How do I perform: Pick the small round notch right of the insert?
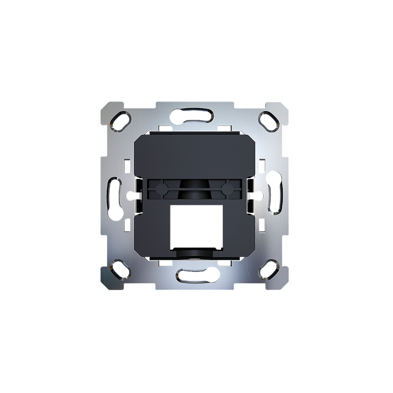pyautogui.click(x=260, y=195)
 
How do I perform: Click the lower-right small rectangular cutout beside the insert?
pyautogui.click(x=262, y=226)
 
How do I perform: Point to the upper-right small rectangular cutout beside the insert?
pyautogui.click(x=262, y=165)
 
